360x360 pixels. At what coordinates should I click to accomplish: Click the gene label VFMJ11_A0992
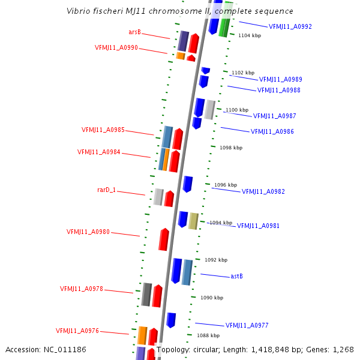(x=290, y=26)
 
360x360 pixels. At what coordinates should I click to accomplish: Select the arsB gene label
(x=134, y=32)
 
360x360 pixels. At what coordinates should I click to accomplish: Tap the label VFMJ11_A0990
(x=116, y=47)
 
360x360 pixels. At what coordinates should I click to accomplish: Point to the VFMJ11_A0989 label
(x=280, y=79)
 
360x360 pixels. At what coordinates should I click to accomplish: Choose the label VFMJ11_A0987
(x=274, y=116)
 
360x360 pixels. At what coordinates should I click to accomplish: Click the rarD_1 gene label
(x=106, y=190)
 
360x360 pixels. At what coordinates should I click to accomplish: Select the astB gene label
(x=236, y=276)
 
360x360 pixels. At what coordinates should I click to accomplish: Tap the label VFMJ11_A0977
(x=247, y=325)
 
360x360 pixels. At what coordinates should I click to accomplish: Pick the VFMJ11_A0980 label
(x=88, y=232)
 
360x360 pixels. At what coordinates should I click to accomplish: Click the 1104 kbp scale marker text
(x=250, y=35)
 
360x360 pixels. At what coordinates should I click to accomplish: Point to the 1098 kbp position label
(x=231, y=147)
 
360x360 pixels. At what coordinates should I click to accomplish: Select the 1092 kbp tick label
(x=216, y=260)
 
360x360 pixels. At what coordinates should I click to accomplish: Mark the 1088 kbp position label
(x=208, y=335)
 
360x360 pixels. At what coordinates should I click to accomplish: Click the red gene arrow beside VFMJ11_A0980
(x=164, y=239)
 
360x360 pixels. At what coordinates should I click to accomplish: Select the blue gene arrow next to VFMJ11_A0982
(x=187, y=184)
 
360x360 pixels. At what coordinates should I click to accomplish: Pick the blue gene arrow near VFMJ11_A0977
(x=171, y=320)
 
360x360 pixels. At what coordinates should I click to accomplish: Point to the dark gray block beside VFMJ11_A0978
(x=146, y=294)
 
